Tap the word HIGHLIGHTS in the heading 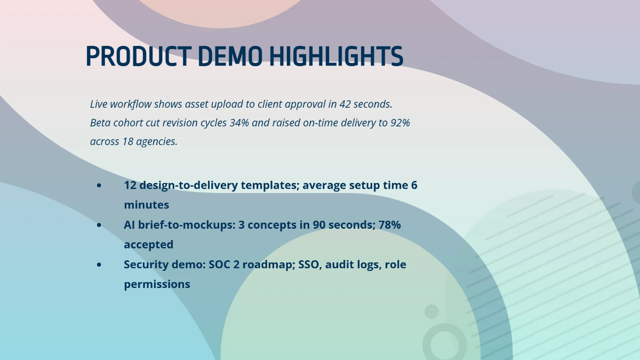[335, 57]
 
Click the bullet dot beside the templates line [99, 186]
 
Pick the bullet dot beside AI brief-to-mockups [99, 225]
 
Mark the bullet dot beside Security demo [99, 265]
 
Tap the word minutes [146, 205]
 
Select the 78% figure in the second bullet [389, 225]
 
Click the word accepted [148, 244]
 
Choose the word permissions [157, 284]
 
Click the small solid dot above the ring [431, 311]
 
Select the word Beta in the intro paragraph [101, 123]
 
